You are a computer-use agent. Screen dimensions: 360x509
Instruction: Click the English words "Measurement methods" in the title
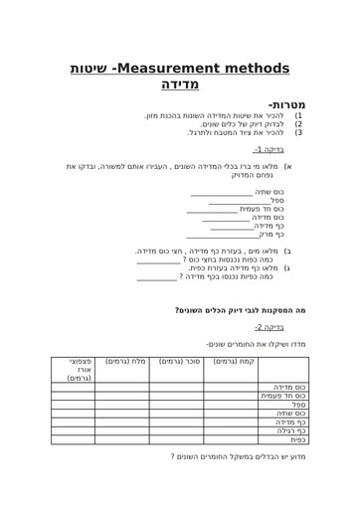(203, 69)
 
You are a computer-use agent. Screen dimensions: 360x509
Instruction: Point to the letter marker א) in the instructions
(287, 167)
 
